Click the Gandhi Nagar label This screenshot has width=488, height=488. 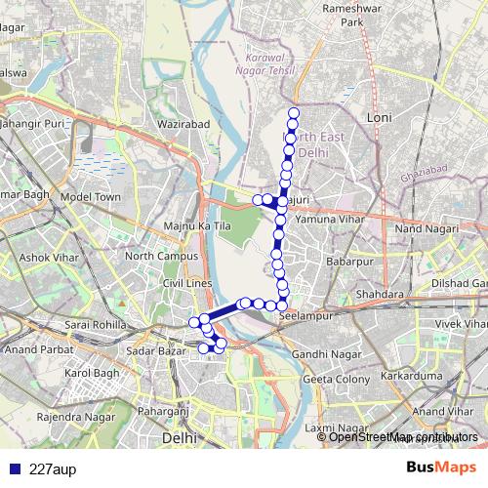pyautogui.click(x=327, y=353)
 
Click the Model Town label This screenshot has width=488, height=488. pyautogui.click(x=90, y=196)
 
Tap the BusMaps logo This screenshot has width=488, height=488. pyautogui.click(x=441, y=467)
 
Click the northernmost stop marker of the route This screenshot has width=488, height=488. pyautogui.click(x=294, y=112)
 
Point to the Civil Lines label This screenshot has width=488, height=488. pyautogui.click(x=186, y=283)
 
